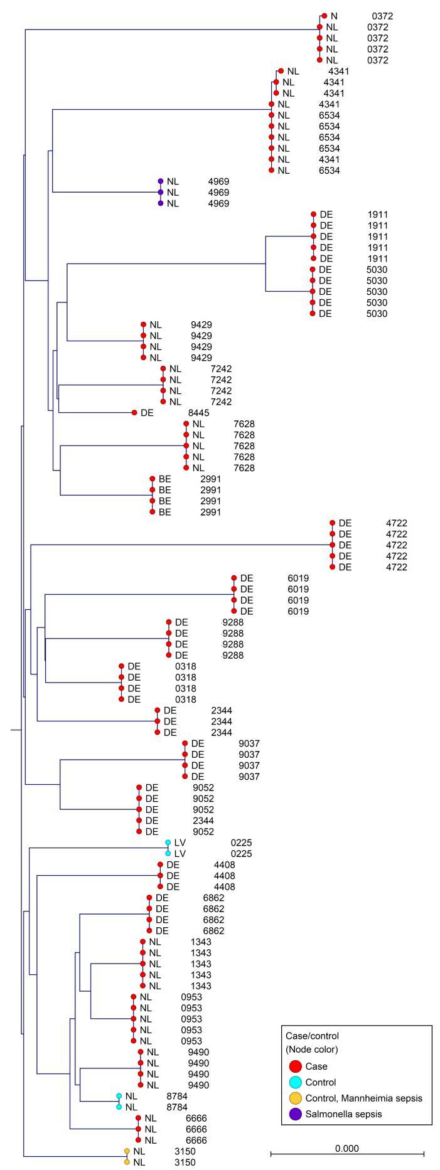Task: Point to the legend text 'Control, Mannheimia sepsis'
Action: pos(363,1098)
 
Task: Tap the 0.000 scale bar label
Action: pos(347,1149)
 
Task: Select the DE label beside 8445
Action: pos(147,413)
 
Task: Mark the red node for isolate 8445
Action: pos(134,413)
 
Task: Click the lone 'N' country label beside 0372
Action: pos(334,16)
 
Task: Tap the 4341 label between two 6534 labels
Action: pos(329,159)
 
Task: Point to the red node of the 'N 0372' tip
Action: pos(324,16)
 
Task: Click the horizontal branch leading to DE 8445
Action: pos(94,413)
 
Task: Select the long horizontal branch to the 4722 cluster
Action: pos(182,545)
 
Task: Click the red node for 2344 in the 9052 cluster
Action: pos(138,821)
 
